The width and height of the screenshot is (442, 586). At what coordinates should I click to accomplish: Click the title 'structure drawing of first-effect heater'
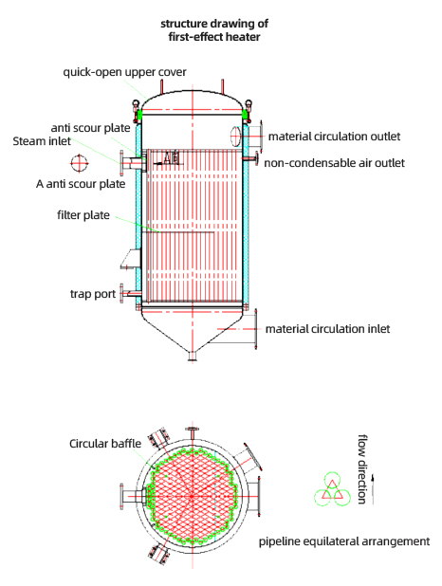click(x=214, y=30)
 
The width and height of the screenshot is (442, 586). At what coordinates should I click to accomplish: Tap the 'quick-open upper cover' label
click(x=124, y=72)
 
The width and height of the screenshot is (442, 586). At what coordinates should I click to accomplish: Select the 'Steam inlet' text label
click(x=42, y=141)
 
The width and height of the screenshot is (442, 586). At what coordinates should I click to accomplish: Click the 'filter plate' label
click(x=83, y=215)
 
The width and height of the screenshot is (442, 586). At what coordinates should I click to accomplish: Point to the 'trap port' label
click(x=93, y=294)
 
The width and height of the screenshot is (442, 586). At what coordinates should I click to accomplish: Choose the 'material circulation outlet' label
click(x=334, y=137)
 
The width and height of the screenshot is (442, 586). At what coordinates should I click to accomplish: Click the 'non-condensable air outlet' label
click(x=334, y=163)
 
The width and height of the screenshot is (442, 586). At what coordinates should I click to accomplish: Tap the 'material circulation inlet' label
click(x=327, y=329)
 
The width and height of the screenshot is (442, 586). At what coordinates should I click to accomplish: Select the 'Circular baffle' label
click(x=105, y=444)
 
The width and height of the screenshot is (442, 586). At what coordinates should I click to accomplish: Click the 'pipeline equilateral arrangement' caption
click(x=344, y=541)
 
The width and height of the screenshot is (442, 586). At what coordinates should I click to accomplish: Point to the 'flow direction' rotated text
click(x=362, y=469)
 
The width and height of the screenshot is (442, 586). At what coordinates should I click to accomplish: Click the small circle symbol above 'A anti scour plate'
click(x=80, y=163)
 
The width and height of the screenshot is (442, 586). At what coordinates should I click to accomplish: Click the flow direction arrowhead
click(x=373, y=477)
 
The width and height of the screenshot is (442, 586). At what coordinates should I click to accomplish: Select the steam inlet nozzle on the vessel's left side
click(x=132, y=163)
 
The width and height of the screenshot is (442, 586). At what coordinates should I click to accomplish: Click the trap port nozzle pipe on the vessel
click(x=130, y=294)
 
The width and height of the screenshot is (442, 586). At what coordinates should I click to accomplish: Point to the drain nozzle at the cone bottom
click(x=193, y=356)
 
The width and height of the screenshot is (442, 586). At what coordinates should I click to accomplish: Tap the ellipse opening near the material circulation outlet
click(x=235, y=136)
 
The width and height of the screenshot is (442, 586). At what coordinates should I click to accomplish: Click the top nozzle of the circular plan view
click(x=193, y=433)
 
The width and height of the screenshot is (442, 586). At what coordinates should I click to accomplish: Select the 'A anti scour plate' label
click(x=81, y=184)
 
